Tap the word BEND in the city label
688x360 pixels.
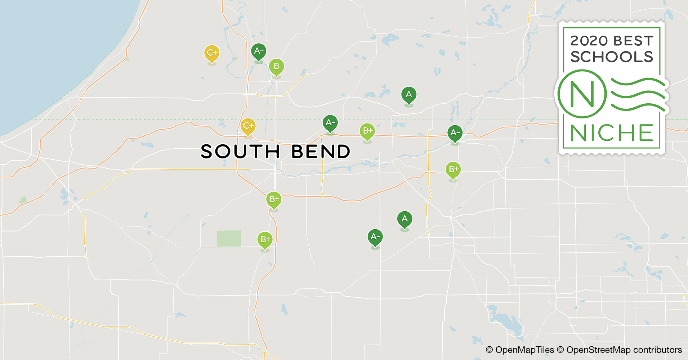[320, 152]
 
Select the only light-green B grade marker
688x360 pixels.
[276, 67]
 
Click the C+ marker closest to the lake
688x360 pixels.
[211, 53]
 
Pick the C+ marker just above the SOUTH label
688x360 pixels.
[248, 126]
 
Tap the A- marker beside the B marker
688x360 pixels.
[259, 51]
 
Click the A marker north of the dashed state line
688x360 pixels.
[408, 95]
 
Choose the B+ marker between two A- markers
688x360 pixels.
[367, 131]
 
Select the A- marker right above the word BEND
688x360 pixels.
[330, 123]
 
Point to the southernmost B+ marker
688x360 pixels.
[265, 239]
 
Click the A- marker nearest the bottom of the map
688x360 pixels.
[375, 237]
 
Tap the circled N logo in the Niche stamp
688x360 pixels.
[582, 94]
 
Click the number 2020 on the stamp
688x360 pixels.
[589, 41]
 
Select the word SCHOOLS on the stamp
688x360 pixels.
[611, 57]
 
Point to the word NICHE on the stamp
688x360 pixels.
[611, 133]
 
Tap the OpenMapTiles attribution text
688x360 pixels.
[524, 350]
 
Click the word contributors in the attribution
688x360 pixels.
[657, 350]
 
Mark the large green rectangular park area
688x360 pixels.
[229, 238]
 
